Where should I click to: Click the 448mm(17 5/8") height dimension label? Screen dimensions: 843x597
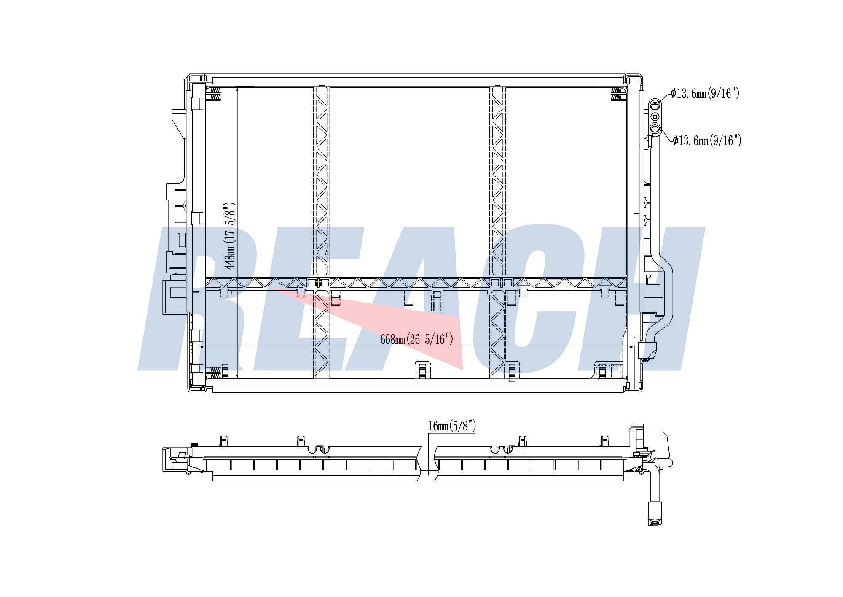point(230,236)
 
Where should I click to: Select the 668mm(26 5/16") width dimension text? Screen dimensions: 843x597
point(416,339)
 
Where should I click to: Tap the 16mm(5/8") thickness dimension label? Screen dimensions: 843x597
point(452,426)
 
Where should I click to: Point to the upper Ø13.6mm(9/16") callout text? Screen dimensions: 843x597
point(705,93)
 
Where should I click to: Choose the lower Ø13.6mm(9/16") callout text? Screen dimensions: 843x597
point(707,140)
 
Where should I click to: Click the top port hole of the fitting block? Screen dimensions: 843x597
point(655,104)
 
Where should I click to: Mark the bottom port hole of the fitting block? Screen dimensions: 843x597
point(655,128)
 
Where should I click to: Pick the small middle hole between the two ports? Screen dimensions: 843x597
point(655,116)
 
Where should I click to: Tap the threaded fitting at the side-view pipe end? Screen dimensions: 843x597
point(655,513)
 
